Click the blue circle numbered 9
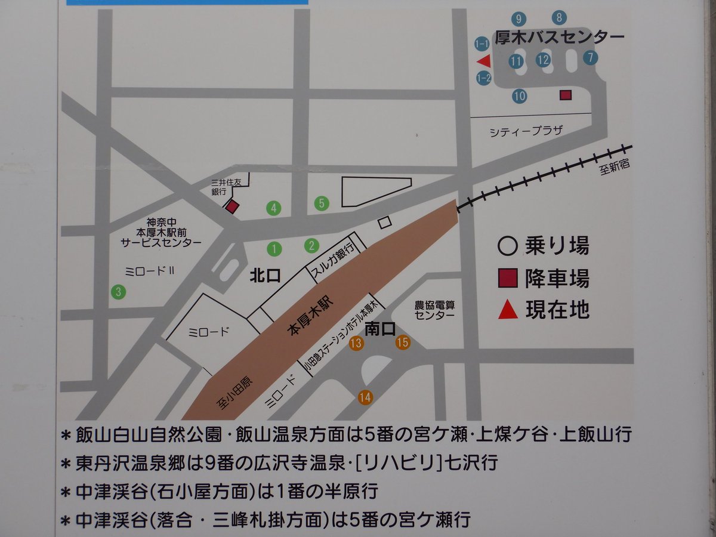pyautogui.click(x=519, y=19)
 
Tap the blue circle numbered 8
pyautogui.click(x=559, y=18)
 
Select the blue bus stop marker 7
pyautogui.click(x=591, y=58)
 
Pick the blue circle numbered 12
pyautogui.click(x=543, y=60)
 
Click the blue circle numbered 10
pyautogui.click(x=519, y=95)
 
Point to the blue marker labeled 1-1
pyautogui.click(x=482, y=44)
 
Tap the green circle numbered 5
pyautogui.click(x=322, y=203)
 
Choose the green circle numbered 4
pyautogui.click(x=274, y=208)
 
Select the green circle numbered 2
pyautogui.click(x=311, y=245)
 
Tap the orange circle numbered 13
pyautogui.click(x=357, y=343)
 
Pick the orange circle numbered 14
pyautogui.click(x=365, y=397)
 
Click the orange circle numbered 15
pyautogui.click(x=403, y=342)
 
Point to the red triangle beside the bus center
pyautogui.click(x=484, y=60)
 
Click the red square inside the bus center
pyautogui.click(x=566, y=95)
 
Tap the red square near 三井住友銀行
pyautogui.click(x=232, y=206)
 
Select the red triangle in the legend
pyautogui.click(x=508, y=310)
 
